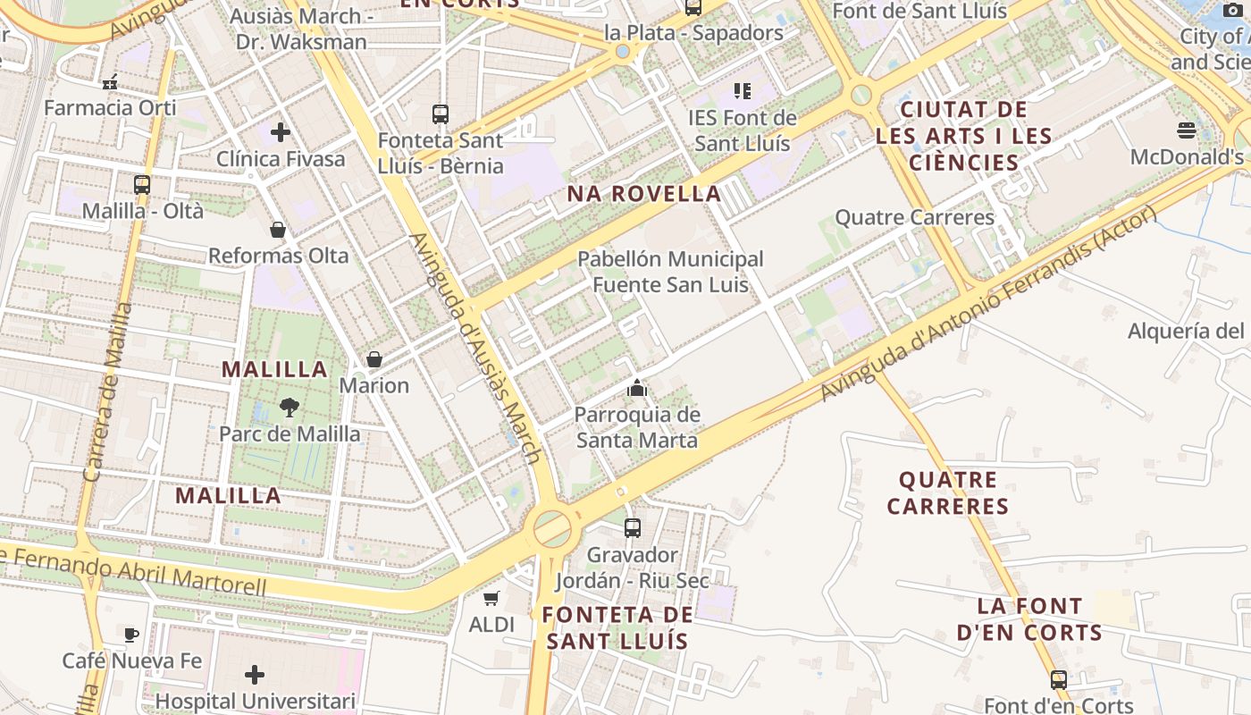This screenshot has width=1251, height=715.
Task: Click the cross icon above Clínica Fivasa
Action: tap(281, 132)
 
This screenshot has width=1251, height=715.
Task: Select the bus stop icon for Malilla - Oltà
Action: tap(142, 185)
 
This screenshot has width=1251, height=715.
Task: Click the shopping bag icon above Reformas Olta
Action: tap(278, 230)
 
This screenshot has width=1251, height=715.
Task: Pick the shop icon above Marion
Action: tap(374, 359)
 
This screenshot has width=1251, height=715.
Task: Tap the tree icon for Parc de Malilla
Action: tap(289, 408)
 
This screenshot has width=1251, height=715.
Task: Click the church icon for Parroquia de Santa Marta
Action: tap(637, 388)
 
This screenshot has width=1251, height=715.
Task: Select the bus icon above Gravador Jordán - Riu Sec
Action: tap(633, 528)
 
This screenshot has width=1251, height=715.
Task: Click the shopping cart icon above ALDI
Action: tap(491, 598)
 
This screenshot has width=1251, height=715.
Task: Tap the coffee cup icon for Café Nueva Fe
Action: tap(131, 635)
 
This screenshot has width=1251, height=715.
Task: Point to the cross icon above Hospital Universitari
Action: tap(255, 674)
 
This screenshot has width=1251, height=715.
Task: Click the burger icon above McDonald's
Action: tap(1187, 130)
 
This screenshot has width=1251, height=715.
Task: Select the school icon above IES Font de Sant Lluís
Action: tap(742, 90)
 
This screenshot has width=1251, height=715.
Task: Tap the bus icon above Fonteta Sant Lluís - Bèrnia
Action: tap(440, 114)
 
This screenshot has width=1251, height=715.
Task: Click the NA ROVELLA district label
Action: tap(644, 194)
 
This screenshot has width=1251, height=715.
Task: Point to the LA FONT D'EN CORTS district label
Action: tap(1029, 619)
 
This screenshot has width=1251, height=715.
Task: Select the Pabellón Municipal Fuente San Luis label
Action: tap(670, 272)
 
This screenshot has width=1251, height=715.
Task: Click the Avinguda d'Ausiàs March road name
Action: tap(474, 349)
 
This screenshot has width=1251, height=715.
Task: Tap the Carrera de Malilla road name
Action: tap(106, 393)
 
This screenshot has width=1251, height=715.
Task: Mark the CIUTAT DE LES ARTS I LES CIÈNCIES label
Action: tap(963, 136)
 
